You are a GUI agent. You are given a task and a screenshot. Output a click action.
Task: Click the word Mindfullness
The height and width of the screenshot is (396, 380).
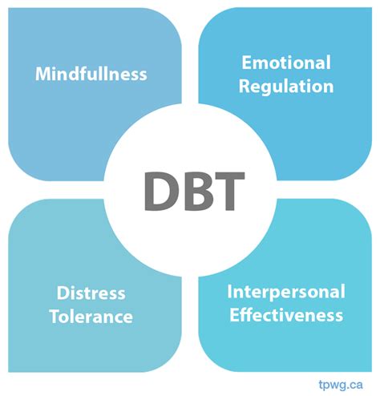91,74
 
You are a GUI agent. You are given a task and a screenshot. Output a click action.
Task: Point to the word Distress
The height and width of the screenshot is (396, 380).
91,293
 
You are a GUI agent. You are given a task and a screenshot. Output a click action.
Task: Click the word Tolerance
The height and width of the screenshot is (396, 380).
91,316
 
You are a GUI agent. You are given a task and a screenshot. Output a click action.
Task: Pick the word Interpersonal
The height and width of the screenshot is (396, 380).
286,291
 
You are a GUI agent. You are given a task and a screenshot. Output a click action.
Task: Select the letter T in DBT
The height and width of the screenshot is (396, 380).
224,189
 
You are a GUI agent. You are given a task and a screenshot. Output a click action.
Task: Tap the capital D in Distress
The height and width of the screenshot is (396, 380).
63,293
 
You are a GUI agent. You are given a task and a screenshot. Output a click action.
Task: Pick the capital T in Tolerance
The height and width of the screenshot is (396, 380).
53,316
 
